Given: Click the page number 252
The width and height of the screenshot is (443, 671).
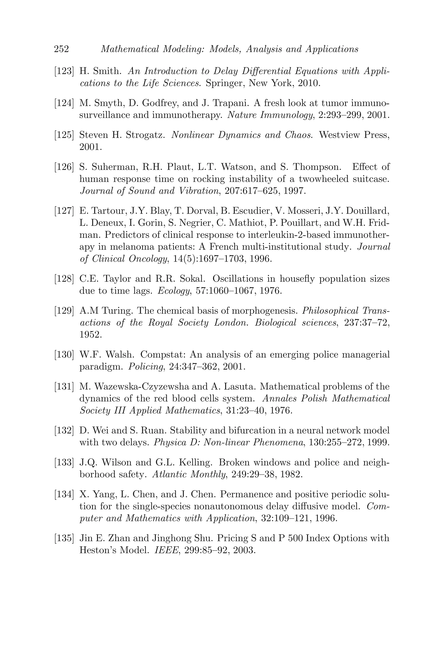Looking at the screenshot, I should [x=61, y=49].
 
